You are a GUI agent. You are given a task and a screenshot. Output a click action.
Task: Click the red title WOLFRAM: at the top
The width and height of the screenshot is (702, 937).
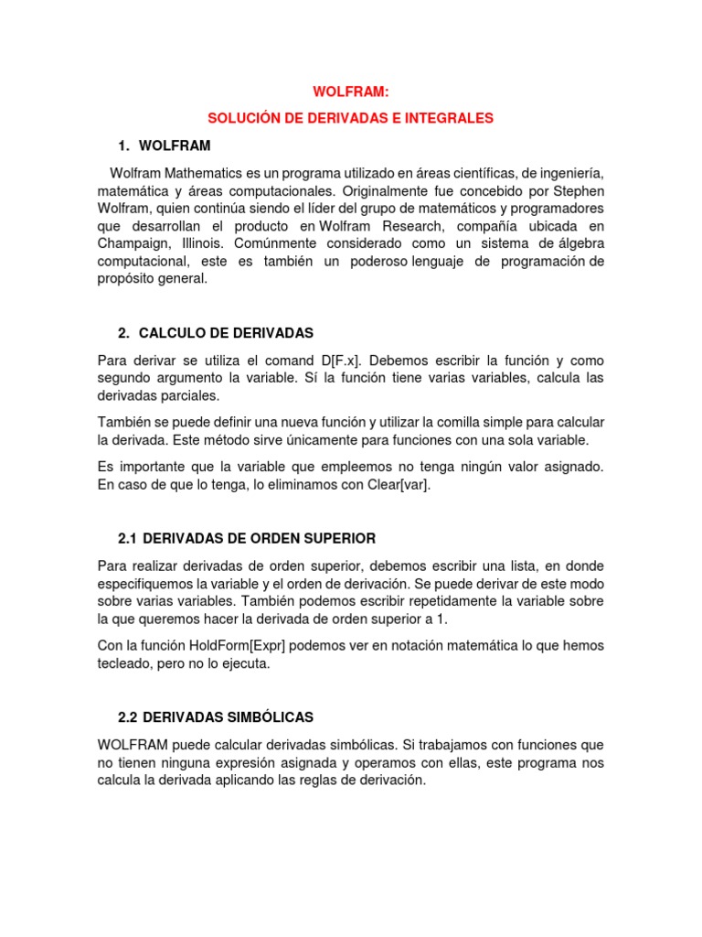(350, 93)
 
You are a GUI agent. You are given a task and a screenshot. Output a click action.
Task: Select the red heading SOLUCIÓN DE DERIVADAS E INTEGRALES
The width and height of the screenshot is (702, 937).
(350, 119)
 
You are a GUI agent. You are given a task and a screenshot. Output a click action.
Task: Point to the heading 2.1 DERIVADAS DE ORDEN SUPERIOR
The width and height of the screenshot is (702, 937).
(247, 538)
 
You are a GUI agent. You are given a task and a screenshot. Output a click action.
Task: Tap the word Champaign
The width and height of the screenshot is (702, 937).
(133, 244)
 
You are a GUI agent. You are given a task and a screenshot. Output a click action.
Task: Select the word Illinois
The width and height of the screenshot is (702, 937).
(201, 244)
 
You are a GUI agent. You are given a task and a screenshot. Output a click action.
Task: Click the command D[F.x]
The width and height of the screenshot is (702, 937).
(337, 361)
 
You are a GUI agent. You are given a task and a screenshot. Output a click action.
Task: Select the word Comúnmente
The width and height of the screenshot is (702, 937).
(273, 244)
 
